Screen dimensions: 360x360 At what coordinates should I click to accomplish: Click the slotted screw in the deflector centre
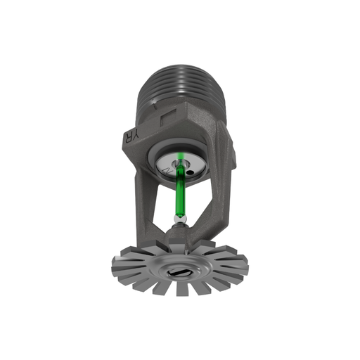pyautogui.click(x=178, y=271)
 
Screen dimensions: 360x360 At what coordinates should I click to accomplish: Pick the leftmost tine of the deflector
pyautogui.click(x=118, y=265)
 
